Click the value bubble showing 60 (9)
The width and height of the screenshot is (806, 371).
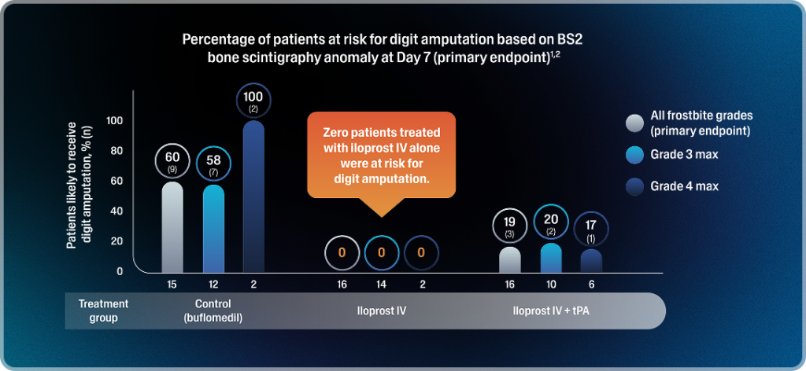tap(172, 161)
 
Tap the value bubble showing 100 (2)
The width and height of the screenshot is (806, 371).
tap(254, 101)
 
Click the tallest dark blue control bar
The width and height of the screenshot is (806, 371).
tap(254, 197)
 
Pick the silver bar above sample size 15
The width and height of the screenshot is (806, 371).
tap(172, 228)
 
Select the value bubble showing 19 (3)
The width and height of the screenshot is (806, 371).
tap(510, 226)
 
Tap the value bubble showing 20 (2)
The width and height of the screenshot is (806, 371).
tap(551, 224)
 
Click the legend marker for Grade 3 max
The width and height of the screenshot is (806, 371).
tap(634, 155)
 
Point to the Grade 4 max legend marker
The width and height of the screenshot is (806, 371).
tap(634, 186)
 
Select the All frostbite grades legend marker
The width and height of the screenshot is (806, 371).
tap(634, 123)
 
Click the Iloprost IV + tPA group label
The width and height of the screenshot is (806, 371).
tap(551, 310)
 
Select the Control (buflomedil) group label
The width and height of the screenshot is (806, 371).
tap(213, 310)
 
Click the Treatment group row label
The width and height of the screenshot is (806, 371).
tap(103, 310)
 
